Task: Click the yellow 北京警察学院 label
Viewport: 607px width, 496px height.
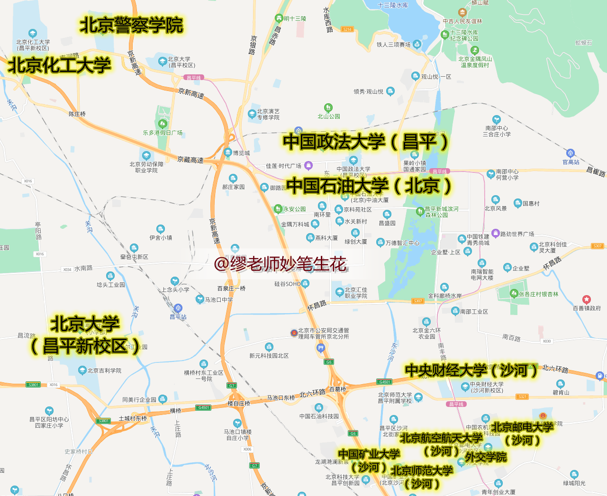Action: coord(131,25)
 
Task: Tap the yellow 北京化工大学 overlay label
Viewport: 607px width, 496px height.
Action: coord(59,65)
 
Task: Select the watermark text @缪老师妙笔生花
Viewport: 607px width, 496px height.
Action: coord(280,264)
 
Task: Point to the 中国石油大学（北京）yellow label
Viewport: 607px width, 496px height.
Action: coord(369,185)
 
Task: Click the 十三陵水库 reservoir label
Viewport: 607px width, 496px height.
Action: coord(393,5)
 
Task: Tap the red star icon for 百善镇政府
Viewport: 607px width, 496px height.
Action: coord(587,299)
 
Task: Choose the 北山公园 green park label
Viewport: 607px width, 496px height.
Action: coord(329,116)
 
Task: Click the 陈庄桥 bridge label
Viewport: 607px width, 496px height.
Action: coord(77,114)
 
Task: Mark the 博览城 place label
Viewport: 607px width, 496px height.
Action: coord(241,153)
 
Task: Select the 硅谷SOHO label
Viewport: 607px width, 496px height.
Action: coord(288,284)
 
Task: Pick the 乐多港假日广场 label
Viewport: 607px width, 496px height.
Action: coord(163,133)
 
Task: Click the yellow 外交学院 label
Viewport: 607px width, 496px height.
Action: coord(486,457)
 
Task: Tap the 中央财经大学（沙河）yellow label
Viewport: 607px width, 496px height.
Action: coord(471,370)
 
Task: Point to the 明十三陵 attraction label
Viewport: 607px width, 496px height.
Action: coord(295,18)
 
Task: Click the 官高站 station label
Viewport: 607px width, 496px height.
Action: coord(571,162)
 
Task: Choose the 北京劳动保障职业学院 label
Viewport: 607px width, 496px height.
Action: coord(146,167)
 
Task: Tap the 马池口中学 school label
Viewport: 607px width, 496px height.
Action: coord(218,299)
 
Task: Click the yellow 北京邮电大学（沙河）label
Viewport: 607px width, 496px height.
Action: coord(522,433)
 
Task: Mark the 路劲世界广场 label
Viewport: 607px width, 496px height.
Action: coord(517,234)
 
